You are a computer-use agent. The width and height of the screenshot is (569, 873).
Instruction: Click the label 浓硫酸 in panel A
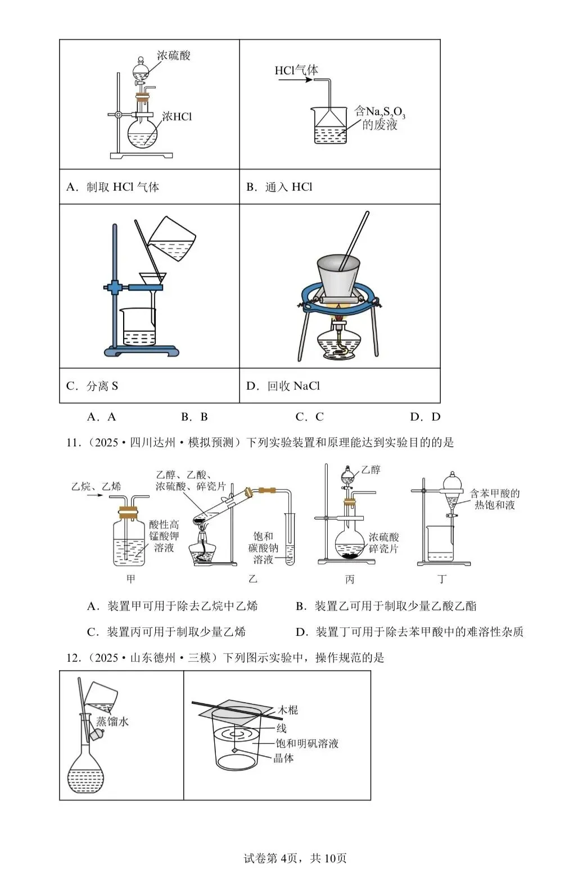173,55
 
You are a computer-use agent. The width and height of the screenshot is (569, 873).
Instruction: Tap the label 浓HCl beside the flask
177,116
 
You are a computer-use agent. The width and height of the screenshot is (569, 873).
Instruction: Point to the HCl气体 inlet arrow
295,80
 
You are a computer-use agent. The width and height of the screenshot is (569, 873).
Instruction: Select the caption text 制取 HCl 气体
123,187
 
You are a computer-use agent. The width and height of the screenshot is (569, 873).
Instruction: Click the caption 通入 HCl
288,187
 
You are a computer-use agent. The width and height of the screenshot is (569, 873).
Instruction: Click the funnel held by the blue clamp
152,279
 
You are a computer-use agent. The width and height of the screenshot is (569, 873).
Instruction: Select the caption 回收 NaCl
293,386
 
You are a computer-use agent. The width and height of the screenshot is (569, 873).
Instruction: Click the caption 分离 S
102,386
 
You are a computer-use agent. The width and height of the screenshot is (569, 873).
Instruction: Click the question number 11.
74,443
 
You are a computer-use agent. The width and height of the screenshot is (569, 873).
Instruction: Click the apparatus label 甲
130,579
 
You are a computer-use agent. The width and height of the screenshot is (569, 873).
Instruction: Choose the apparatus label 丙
350,579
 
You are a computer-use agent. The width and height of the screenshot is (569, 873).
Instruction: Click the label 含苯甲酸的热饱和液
494,499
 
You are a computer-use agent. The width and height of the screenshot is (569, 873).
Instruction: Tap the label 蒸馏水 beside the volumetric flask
112,721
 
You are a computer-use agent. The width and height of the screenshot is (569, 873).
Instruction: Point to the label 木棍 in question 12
288,710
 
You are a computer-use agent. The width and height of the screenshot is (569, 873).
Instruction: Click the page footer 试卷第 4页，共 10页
295,858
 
